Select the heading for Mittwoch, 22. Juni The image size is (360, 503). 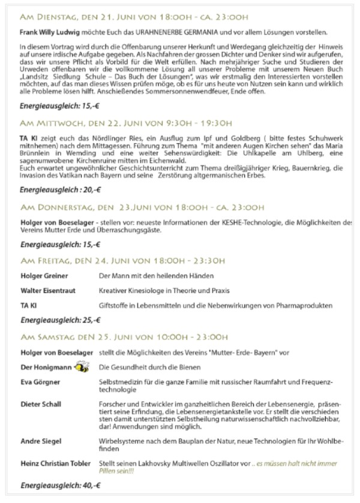click(x=125, y=122)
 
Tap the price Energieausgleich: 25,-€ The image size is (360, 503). click(x=52, y=320)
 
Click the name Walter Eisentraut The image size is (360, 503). click(x=48, y=291)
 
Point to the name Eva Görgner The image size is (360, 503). click(x=41, y=382)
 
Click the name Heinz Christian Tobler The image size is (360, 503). click(x=55, y=463)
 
